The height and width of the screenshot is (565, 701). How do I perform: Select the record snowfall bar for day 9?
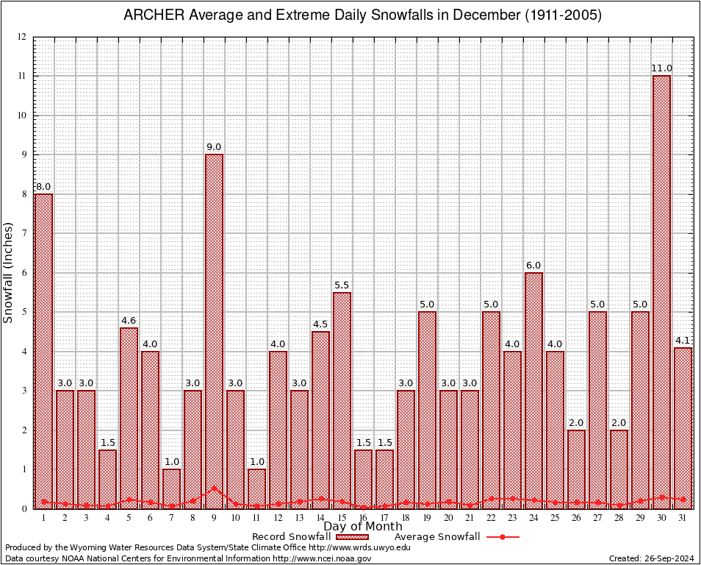214,331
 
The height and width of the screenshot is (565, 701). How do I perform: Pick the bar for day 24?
533,390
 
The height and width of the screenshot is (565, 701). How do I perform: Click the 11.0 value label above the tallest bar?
661,68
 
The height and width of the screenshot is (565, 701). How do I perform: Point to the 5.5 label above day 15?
342,285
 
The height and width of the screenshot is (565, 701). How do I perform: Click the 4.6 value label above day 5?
129,320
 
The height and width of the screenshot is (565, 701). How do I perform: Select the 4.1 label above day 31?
683,340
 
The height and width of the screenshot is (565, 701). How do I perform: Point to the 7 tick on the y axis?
24,233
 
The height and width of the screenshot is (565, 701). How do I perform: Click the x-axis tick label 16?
363,518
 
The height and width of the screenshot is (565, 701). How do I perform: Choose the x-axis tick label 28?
619,518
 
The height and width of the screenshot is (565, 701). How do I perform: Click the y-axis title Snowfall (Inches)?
8,272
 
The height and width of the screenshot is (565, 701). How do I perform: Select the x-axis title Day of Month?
362,527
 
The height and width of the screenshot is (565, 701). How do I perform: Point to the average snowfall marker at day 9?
214,488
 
